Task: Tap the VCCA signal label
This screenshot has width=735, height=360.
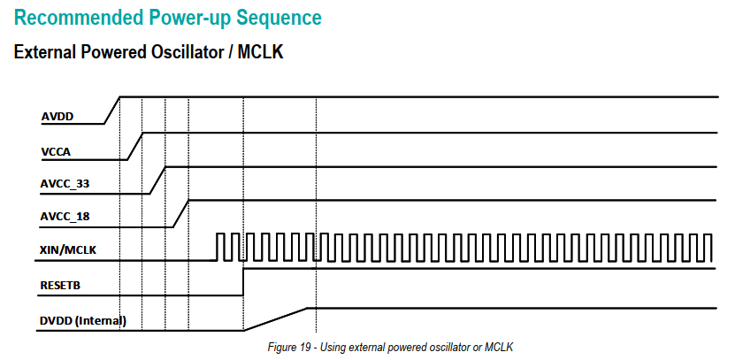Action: coord(56,152)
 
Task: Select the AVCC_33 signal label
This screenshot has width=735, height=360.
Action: coord(65,184)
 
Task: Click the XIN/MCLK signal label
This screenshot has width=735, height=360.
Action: coord(68,251)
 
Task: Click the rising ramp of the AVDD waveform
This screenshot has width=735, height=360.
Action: coord(112,110)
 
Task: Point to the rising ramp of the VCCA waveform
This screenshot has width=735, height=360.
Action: coord(135,146)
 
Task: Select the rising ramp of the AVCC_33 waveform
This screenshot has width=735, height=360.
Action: coord(157,180)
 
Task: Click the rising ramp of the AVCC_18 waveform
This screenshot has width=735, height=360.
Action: coord(180,213)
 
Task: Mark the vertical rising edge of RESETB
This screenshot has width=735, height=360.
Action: coord(243,282)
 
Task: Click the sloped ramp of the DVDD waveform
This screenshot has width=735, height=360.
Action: coord(276,318)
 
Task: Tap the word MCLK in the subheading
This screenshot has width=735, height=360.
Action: coord(261,53)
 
